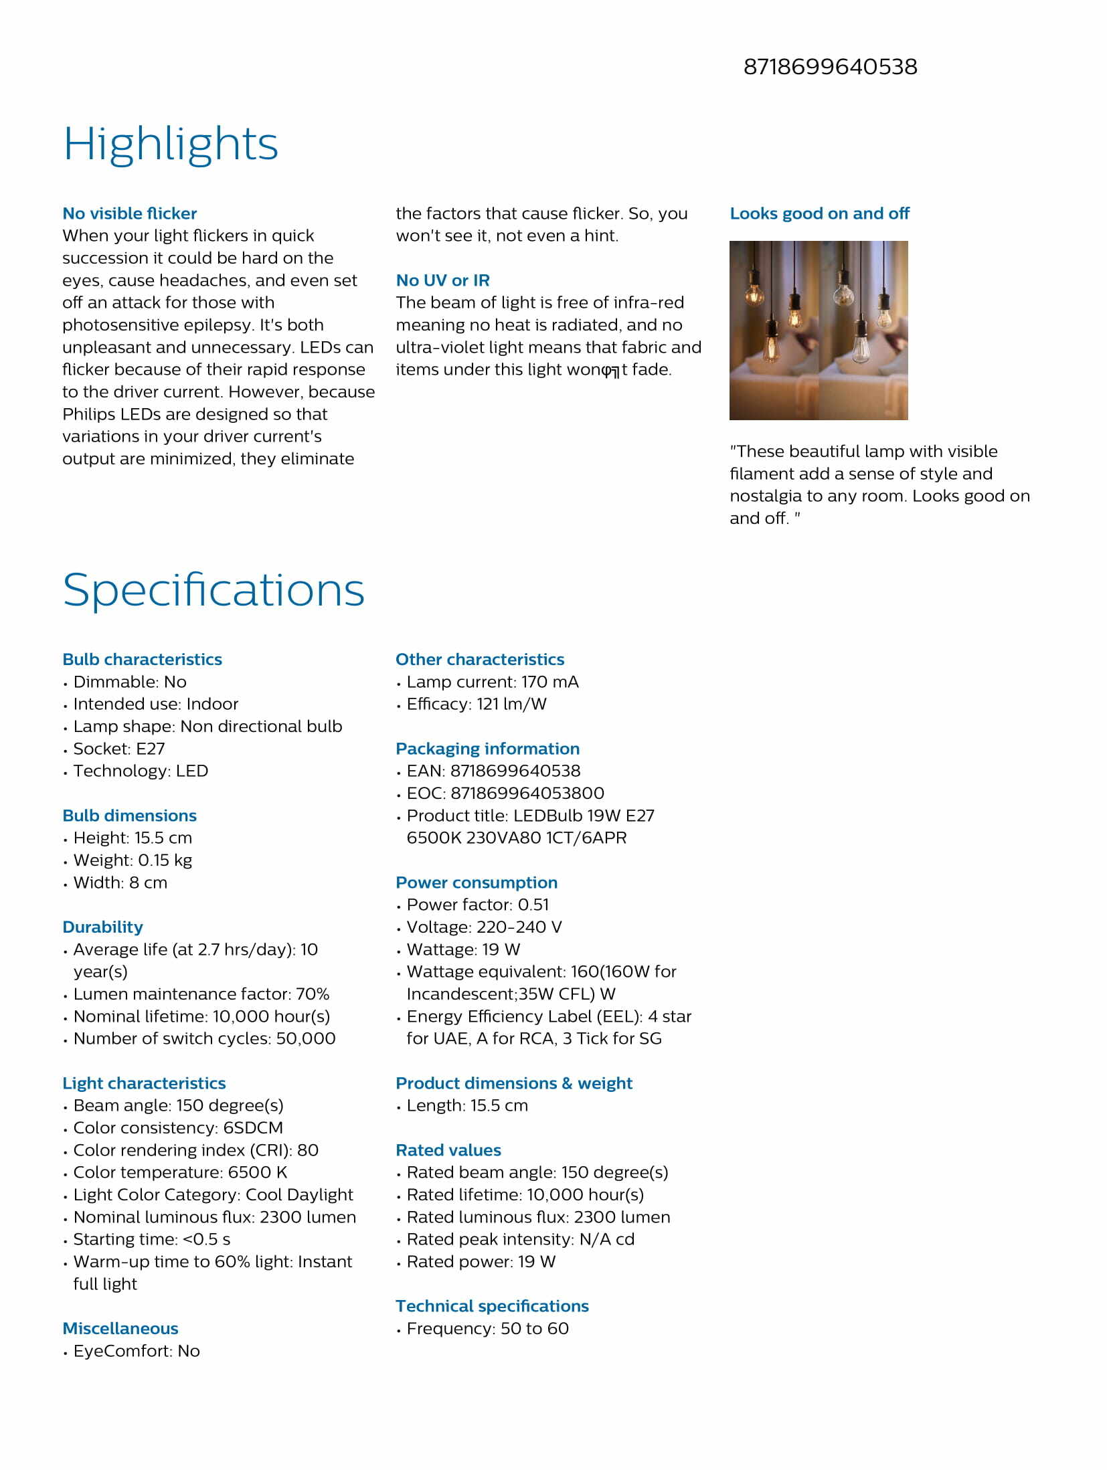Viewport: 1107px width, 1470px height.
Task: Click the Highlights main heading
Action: click(x=170, y=144)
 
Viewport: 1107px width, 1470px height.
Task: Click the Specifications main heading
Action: click(x=214, y=589)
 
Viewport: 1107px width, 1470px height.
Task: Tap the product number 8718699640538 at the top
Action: click(x=830, y=67)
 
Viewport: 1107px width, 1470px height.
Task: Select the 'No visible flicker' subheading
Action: click(x=130, y=213)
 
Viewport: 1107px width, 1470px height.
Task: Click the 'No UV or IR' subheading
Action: click(x=442, y=280)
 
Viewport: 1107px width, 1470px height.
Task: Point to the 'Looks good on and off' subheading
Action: click(x=819, y=213)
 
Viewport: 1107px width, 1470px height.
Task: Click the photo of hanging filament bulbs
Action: click(x=818, y=330)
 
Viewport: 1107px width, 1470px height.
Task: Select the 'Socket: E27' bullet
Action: click(x=118, y=749)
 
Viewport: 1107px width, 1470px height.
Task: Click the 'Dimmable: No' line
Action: click(x=130, y=682)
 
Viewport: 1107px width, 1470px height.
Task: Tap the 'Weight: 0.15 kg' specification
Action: click(x=133, y=860)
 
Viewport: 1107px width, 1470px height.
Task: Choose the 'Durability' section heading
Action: click(x=102, y=927)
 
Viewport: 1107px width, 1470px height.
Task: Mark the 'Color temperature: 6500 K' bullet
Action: click(x=180, y=1172)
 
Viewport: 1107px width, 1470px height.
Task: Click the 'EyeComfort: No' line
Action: click(x=137, y=1351)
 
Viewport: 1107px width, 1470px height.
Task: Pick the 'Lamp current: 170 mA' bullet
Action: click(x=492, y=682)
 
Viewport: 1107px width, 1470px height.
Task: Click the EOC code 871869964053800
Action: click(x=527, y=793)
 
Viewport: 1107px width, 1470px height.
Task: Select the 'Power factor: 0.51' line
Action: click(x=477, y=905)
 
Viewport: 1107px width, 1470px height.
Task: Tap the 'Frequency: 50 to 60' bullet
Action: click(x=487, y=1328)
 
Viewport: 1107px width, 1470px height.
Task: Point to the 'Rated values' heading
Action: click(x=448, y=1150)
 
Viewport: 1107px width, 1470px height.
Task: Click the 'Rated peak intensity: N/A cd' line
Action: click(x=520, y=1239)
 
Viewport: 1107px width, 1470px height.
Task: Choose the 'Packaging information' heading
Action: click(x=487, y=749)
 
